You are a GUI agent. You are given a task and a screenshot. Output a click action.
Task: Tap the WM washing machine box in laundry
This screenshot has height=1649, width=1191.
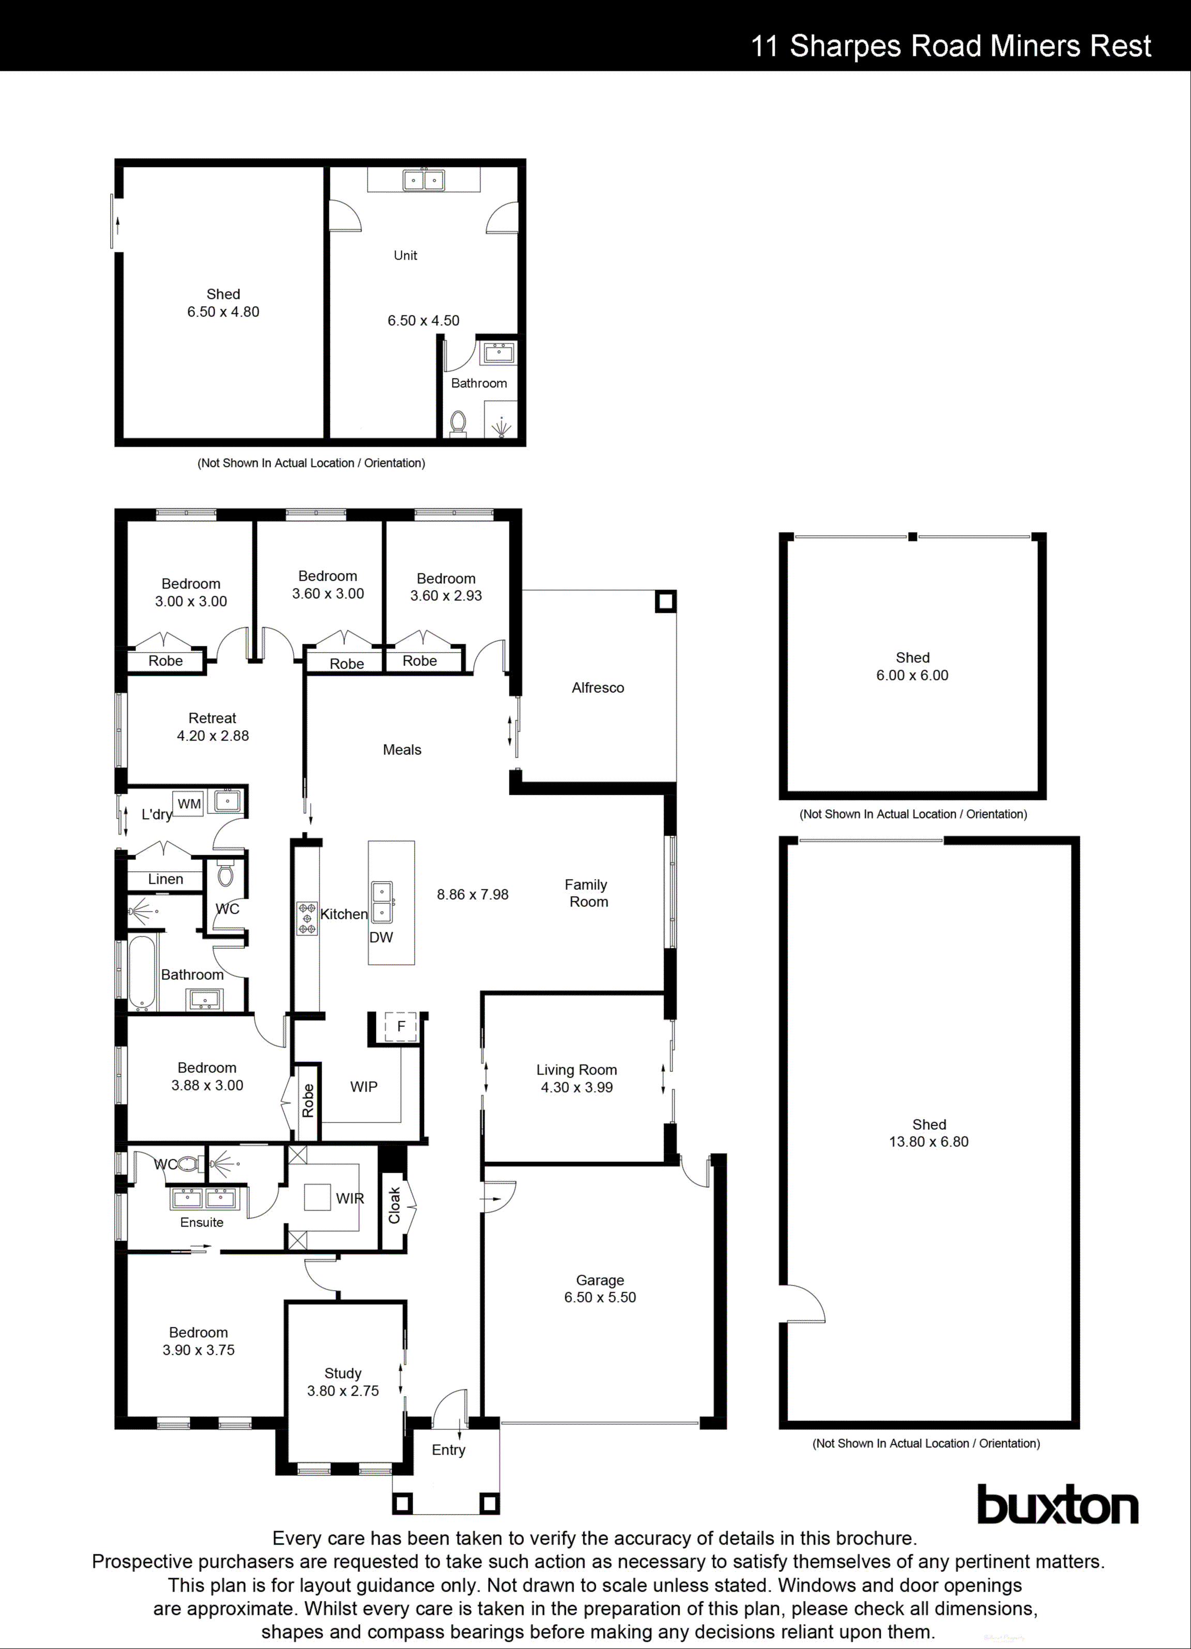click(x=189, y=804)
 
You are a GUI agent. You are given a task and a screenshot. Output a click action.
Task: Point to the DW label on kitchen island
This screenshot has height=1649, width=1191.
click(x=381, y=937)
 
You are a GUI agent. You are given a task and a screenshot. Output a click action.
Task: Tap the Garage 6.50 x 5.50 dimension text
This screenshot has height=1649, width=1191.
click(x=600, y=1297)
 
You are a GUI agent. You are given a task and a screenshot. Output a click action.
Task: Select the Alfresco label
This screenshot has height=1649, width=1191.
click(x=598, y=688)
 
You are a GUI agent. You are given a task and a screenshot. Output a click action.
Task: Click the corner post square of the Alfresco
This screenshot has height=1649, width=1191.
click(x=665, y=601)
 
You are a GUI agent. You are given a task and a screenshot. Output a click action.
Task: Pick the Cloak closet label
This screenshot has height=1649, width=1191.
click(x=394, y=1205)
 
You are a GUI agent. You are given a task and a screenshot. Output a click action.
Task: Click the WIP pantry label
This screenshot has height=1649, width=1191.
click(x=364, y=1086)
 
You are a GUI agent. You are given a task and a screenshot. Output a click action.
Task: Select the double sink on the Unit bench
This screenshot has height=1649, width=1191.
click(x=424, y=179)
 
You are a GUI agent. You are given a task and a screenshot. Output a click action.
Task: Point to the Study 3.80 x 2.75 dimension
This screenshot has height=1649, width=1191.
click(x=342, y=1391)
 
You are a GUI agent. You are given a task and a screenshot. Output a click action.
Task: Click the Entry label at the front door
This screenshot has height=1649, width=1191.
click(x=448, y=1450)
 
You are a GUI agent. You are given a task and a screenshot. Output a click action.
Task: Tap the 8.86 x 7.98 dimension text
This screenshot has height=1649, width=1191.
click(x=473, y=894)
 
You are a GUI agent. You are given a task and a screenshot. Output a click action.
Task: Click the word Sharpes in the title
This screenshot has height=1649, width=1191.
click(x=847, y=46)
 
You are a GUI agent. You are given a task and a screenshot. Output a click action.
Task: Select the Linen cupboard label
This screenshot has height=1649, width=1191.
click(x=166, y=879)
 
